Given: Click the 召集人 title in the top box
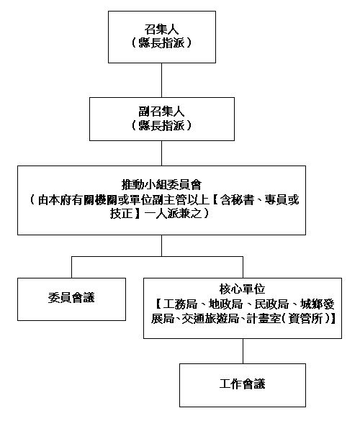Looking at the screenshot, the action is tap(161, 30).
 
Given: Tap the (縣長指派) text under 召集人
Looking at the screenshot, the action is tap(161, 43).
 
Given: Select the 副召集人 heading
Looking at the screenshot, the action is tap(161, 112).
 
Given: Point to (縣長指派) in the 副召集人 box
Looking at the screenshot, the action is tap(161, 125).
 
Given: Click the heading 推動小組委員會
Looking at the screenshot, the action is tap(161, 185).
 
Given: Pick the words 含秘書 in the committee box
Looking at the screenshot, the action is tap(237, 200).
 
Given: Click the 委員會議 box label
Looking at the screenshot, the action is tap(71, 297).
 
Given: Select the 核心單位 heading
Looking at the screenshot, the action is tap(242, 289).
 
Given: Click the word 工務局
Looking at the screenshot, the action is tap(180, 304).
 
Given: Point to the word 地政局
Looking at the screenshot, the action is tap(225, 304).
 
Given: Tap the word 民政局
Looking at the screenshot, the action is tap(271, 304).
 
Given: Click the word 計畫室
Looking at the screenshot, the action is tap(264, 318).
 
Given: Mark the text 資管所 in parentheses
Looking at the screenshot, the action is tap(305, 318).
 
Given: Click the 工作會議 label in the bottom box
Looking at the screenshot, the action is tap(242, 384).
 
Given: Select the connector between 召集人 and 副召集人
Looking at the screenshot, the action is tap(162, 80).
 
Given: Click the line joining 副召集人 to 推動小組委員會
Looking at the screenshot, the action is tap(162, 153).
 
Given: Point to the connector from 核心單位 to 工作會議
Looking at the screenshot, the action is tap(243, 351).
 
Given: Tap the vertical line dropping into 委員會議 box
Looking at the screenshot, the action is tap(71, 267).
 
